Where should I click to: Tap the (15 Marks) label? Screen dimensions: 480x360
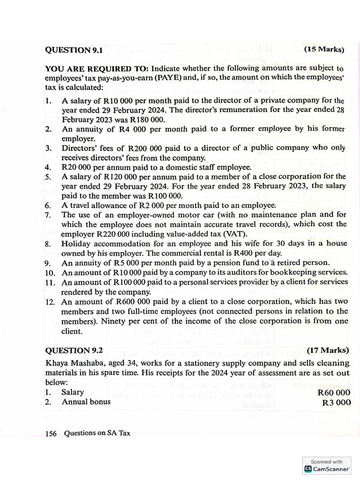pos(324,49)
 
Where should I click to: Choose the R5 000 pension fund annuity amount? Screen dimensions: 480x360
pos(116,262)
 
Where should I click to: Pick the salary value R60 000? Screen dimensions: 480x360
pos(333,392)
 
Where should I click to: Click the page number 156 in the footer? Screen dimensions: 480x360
pos(51,434)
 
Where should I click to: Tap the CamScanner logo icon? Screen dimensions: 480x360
pos(308,469)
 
